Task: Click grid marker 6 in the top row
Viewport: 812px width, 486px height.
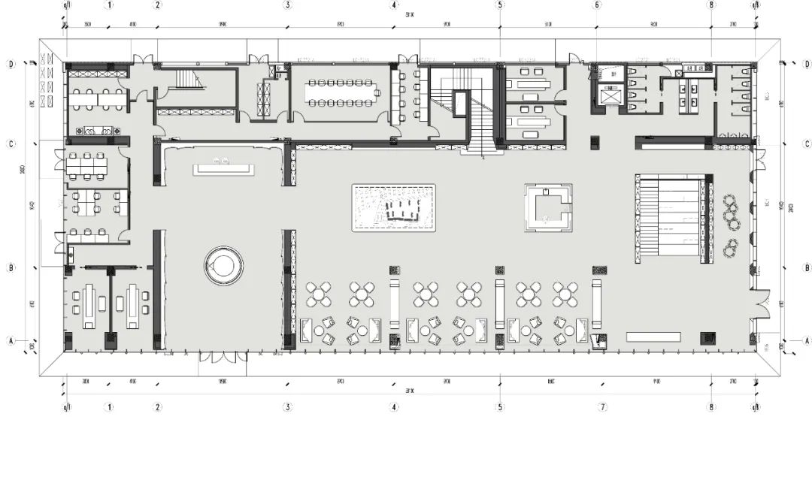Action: coord(596,5)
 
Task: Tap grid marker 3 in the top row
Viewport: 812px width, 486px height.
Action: coord(287,5)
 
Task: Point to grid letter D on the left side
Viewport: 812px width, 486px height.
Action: coord(11,65)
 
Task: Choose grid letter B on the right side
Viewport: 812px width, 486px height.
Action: coord(807,267)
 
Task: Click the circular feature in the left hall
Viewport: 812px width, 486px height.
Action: coord(223,265)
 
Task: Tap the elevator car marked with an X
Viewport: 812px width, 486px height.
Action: coord(611,96)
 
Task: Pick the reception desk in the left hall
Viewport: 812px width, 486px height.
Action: coord(223,169)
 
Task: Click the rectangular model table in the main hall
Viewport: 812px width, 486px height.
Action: coord(395,207)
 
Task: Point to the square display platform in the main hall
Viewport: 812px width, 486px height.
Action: coord(548,207)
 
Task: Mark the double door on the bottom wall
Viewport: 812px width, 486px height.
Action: coord(223,358)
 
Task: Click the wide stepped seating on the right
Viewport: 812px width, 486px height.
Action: coord(671,218)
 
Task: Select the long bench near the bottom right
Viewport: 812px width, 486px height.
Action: coord(652,337)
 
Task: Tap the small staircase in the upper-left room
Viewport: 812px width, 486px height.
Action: coord(185,80)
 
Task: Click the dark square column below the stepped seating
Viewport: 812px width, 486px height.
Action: coord(707,338)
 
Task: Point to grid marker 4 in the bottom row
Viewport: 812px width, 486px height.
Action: coord(394,407)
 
